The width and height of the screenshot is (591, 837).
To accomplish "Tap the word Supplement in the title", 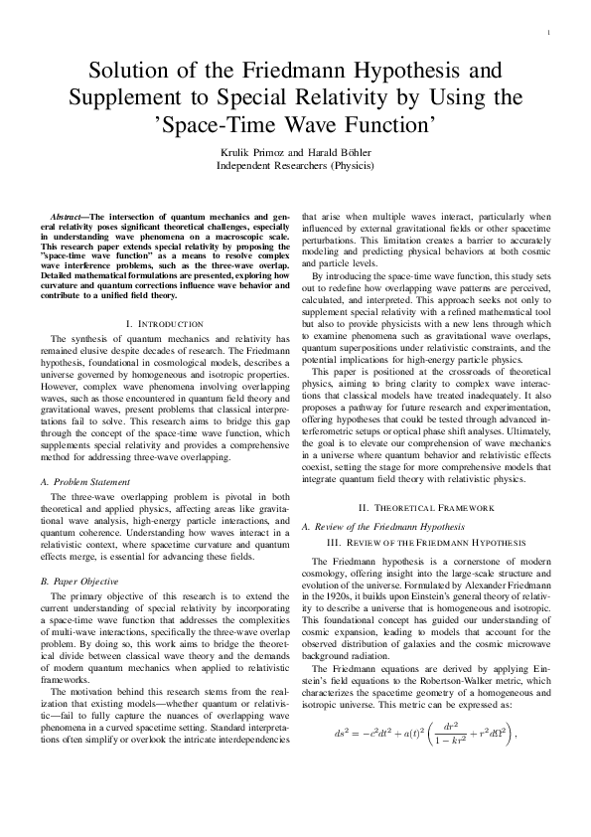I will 134,98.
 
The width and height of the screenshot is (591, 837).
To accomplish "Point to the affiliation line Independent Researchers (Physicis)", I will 295,165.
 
